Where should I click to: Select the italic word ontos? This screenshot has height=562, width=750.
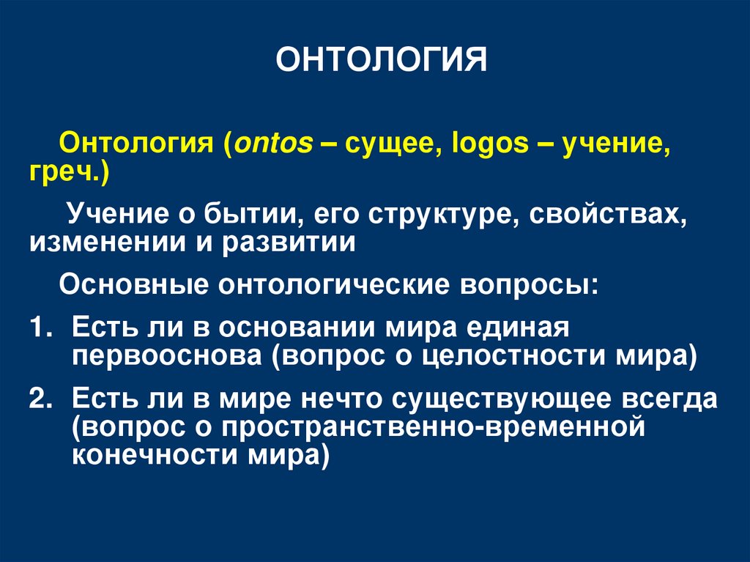click(270, 144)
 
